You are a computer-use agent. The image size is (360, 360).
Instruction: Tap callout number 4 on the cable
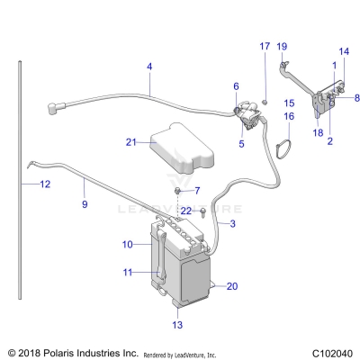[148, 67]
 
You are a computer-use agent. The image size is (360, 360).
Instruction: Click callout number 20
[231, 287]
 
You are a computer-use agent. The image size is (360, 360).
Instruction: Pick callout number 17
[264, 47]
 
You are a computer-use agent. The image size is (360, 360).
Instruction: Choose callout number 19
[281, 47]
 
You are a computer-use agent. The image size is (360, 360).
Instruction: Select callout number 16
[290, 116]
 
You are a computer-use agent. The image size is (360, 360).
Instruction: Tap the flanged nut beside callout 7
[179, 192]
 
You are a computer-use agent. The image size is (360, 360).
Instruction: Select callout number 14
[342, 52]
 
